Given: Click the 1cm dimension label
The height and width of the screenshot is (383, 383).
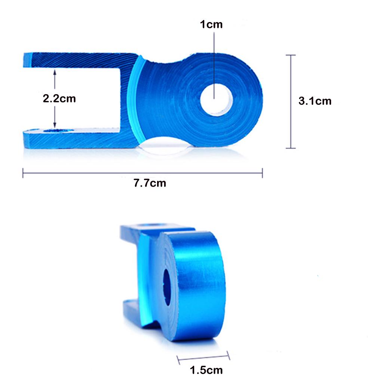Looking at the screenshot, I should (x=211, y=25).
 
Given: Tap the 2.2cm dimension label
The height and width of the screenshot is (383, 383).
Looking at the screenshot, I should (x=59, y=98).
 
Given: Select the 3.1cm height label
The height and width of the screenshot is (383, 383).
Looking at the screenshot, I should (x=315, y=101).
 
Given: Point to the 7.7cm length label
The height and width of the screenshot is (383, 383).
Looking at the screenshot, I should (x=150, y=183).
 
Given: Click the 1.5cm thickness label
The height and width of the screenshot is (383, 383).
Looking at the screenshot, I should (x=206, y=370).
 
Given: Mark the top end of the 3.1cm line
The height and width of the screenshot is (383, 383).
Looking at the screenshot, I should (x=291, y=55).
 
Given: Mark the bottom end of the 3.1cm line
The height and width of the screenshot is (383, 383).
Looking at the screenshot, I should (x=291, y=148).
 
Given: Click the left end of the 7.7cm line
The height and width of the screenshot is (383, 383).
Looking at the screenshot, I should (x=23, y=173).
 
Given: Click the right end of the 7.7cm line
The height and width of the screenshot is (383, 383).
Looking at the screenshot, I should (x=262, y=173).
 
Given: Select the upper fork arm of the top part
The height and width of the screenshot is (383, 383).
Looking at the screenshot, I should (x=79, y=60).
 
